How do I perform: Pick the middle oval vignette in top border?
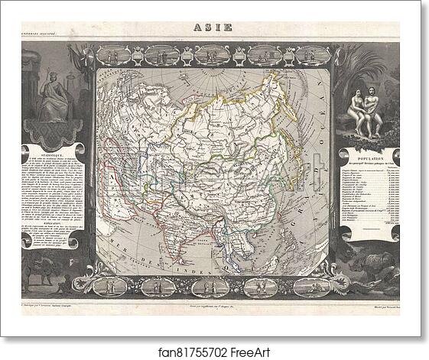click(210, 55)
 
